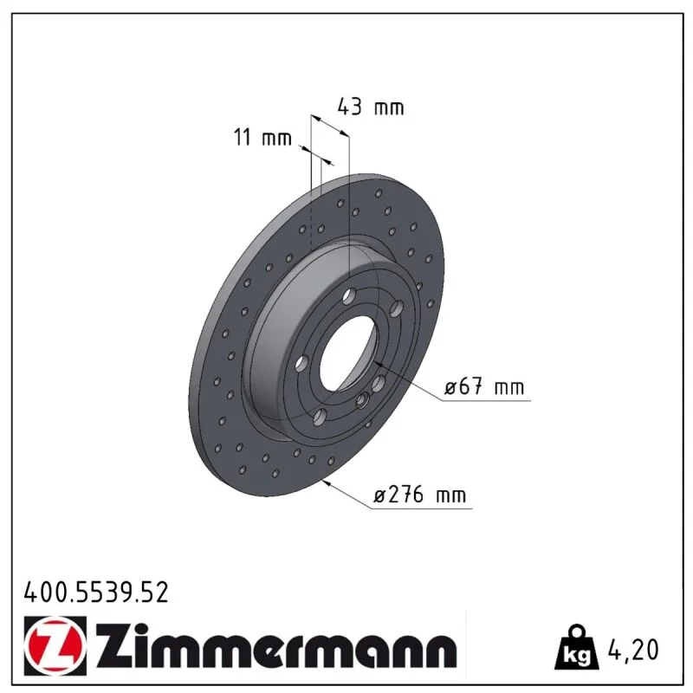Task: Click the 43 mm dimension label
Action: coord(371,107)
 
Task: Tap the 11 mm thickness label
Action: coord(262,137)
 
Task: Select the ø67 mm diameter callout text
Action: coord(484,386)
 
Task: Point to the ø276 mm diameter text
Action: coord(419,495)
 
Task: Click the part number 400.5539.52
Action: coord(96,593)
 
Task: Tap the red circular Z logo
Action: coord(54,645)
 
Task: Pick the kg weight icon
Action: coord(577,647)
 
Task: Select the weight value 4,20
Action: coord(633,650)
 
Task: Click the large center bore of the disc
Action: coord(349,353)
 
